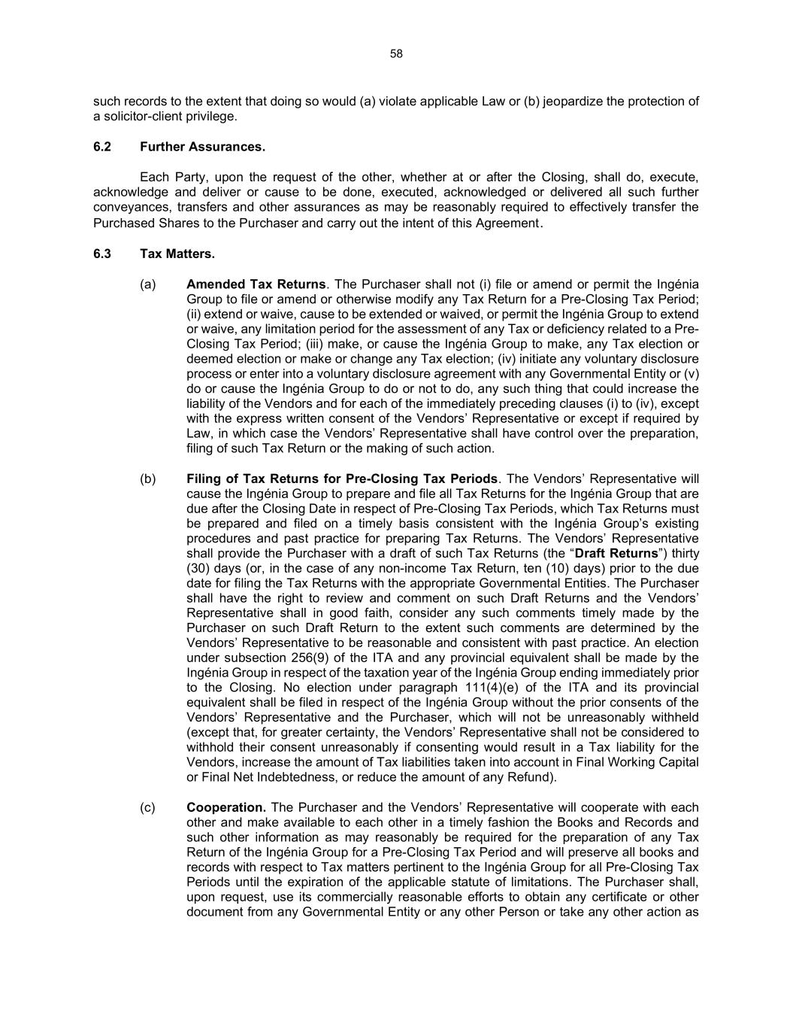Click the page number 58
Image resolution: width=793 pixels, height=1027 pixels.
(396, 53)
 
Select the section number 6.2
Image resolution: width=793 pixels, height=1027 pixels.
(102, 147)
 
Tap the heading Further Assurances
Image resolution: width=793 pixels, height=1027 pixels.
(202, 147)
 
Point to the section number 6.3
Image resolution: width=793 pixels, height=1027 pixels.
(102, 254)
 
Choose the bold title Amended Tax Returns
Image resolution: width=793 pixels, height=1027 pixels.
(256, 284)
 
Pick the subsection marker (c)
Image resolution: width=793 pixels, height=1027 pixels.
(148, 807)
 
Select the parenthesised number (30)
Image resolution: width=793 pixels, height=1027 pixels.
(199, 569)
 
